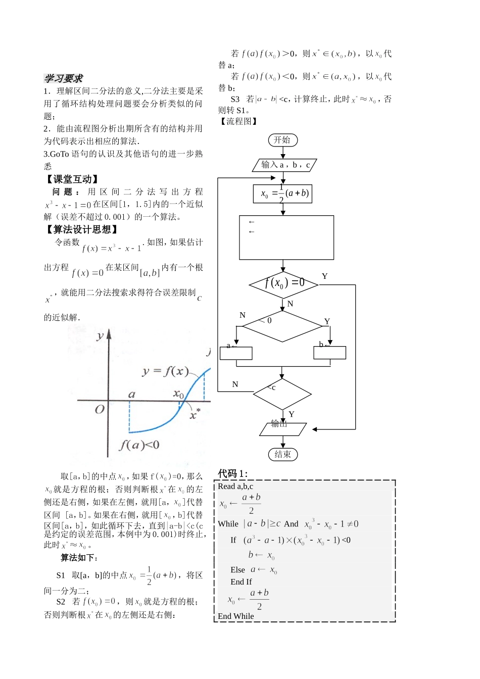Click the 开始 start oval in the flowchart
coord(282,140)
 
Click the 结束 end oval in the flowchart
coord(282,454)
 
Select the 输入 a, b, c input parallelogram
coord(284,165)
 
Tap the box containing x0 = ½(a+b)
coord(282,193)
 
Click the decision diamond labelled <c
coord(282,394)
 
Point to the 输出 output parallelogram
coord(282,428)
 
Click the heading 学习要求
coord(63,78)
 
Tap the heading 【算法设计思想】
coord(82,229)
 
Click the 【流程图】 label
coord(239,121)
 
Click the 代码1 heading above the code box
coord(232,473)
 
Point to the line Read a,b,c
coord(235,487)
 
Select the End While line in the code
coord(236,616)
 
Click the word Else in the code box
coord(237,570)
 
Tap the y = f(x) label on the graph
coord(165,372)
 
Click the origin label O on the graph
coord(100,409)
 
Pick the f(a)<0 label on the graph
coord(139,445)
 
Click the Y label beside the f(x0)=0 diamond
coord(324,276)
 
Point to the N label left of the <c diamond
coord(235,384)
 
